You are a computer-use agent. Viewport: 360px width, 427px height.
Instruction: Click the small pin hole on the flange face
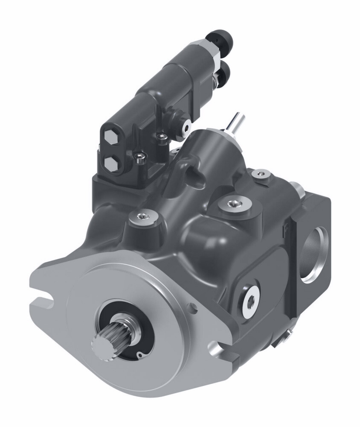194,306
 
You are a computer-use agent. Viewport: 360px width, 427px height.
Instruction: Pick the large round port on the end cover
315,254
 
